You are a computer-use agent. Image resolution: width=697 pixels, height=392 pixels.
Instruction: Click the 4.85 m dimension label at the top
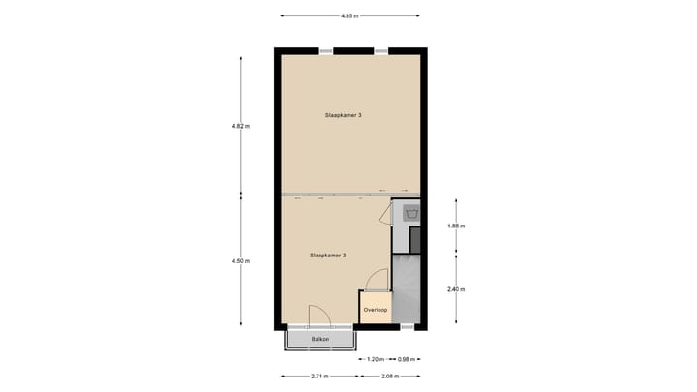(349, 15)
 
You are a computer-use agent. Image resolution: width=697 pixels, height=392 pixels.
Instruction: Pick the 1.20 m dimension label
(376, 360)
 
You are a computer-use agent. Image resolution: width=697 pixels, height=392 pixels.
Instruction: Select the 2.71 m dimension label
(319, 376)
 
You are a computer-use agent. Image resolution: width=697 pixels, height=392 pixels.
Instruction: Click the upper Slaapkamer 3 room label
(344, 115)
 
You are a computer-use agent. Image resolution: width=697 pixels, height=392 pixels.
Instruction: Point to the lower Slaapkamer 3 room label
(328, 256)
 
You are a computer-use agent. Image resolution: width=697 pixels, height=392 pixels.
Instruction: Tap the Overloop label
(375, 310)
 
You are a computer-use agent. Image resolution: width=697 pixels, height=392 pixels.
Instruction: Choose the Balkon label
(320, 340)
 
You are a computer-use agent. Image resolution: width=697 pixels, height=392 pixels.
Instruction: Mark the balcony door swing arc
(320, 316)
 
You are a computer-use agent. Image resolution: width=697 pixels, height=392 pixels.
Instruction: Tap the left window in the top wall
(326, 50)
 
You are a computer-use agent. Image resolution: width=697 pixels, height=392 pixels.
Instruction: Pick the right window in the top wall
(381, 50)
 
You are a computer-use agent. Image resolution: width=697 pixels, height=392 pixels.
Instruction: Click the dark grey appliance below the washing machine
(415, 239)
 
